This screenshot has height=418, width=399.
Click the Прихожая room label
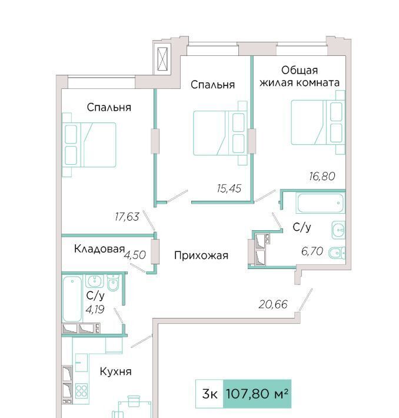(201, 256)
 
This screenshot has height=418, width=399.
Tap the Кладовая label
(99, 248)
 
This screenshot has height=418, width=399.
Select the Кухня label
(116, 371)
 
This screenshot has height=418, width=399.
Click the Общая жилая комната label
(300, 77)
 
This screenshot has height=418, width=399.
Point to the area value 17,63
(127, 217)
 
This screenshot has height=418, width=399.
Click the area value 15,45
(229, 188)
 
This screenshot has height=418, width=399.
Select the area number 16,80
(322, 176)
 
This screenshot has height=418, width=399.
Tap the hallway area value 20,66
(273, 304)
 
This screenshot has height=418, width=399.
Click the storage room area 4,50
(135, 255)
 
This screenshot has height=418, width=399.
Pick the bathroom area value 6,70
(312, 251)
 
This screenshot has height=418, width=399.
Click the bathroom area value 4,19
(95, 310)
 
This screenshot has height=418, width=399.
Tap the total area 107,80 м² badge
(257, 394)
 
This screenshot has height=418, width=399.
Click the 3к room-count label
(210, 394)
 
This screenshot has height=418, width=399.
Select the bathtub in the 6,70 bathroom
(320, 203)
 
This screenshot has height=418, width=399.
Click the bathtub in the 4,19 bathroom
(72, 299)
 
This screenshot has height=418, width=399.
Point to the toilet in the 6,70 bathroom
(337, 253)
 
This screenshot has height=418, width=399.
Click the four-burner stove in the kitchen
(81, 390)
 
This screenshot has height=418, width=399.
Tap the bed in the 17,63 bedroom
(89, 145)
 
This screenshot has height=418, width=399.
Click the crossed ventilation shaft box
(162, 59)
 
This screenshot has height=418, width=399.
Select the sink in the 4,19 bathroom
(94, 281)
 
